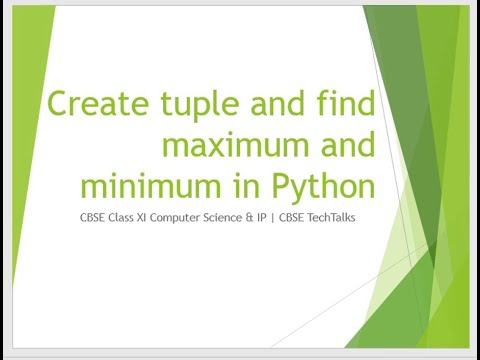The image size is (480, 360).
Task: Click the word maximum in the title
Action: pyautogui.click(x=231, y=146)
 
